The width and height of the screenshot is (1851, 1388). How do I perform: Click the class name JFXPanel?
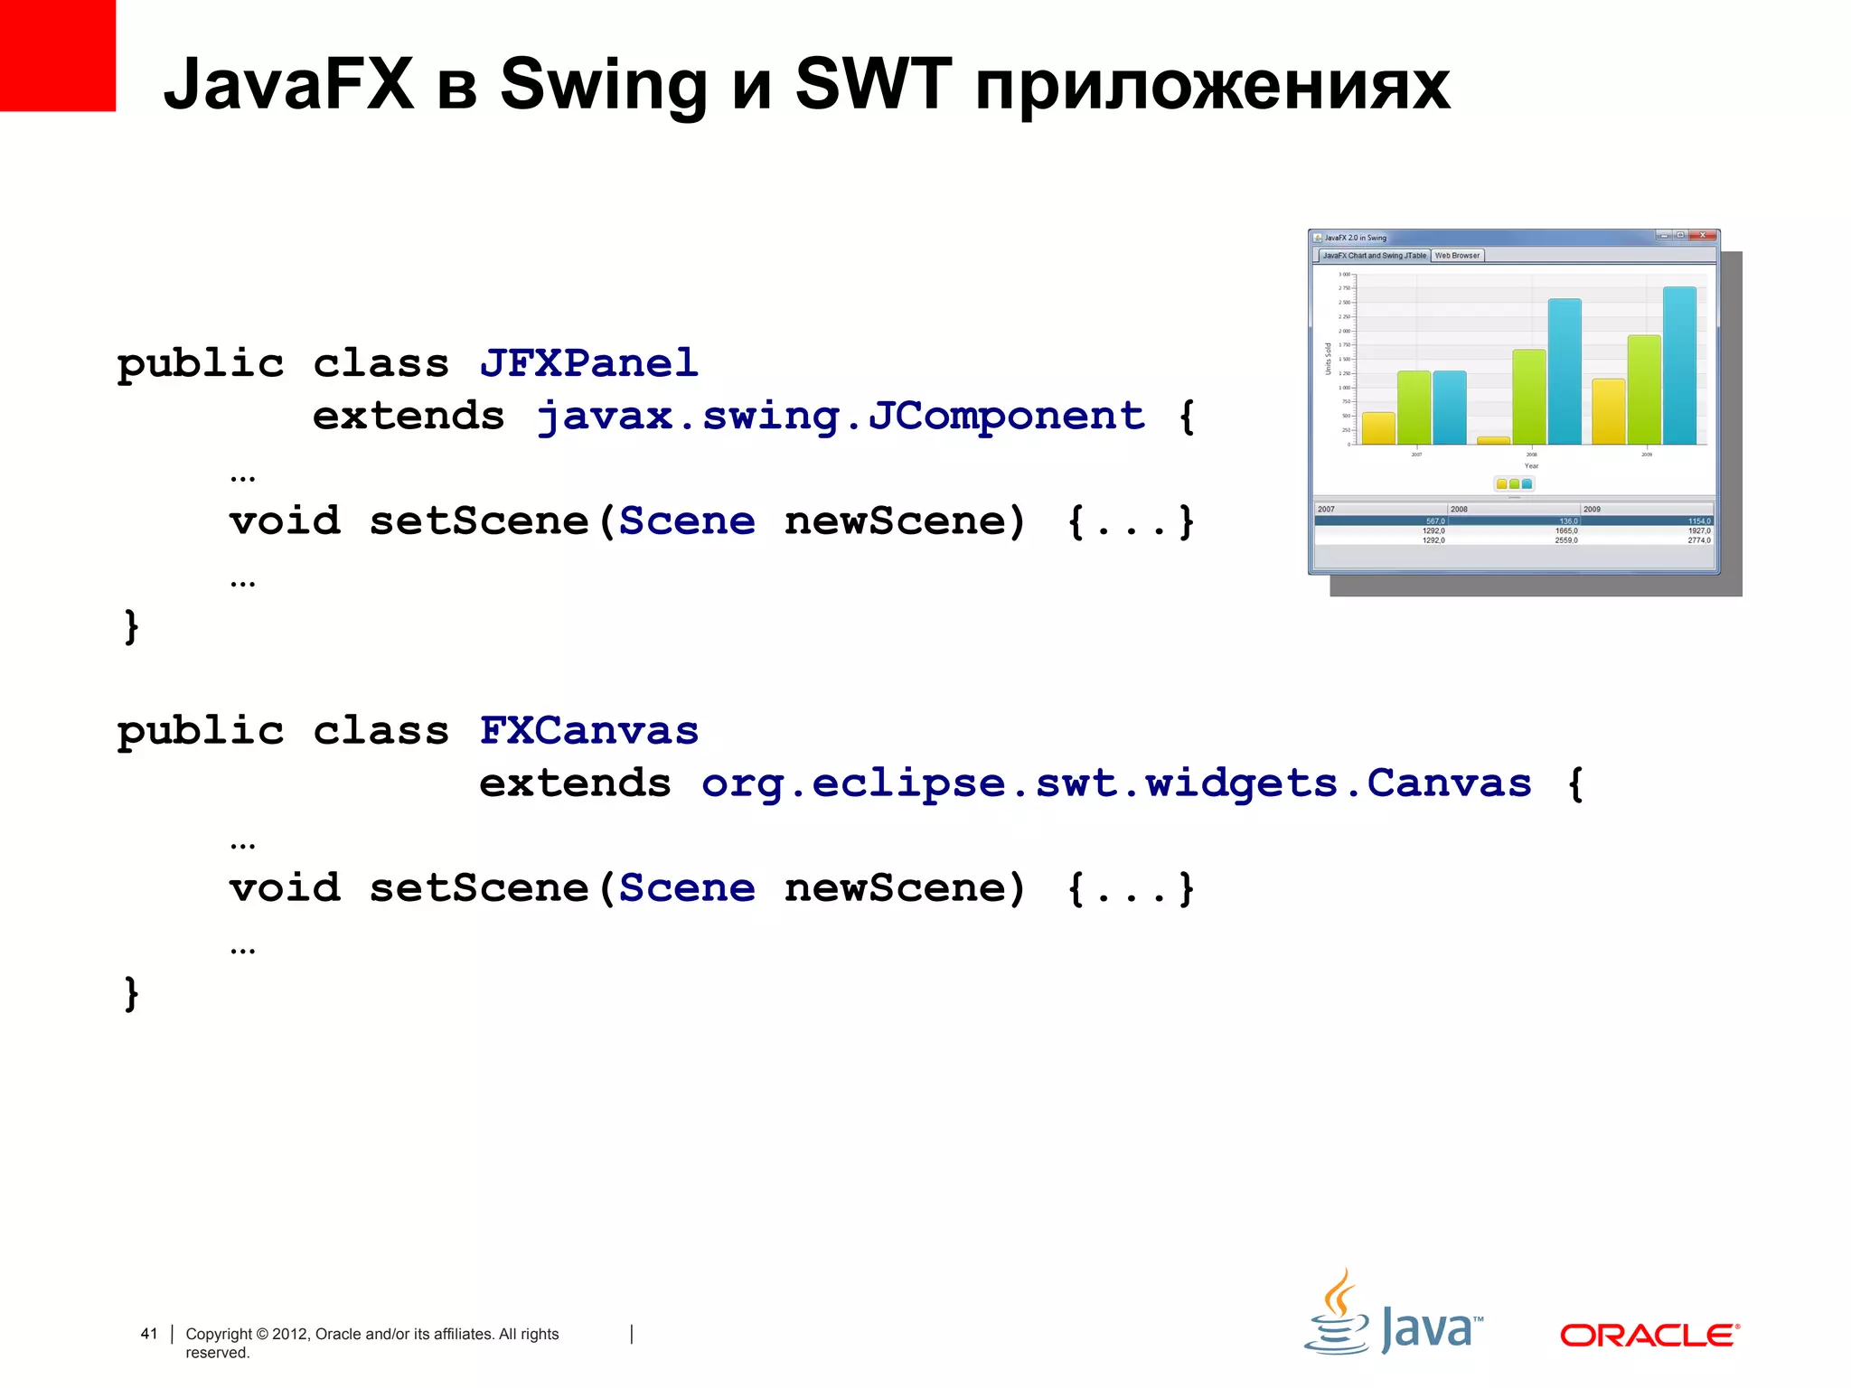pyautogui.click(x=588, y=363)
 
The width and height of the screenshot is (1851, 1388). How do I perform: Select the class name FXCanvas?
pyautogui.click(x=588, y=730)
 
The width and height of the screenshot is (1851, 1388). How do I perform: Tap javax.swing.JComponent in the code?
pyautogui.click(x=841, y=417)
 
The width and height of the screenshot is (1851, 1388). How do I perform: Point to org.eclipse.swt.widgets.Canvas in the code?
pyautogui.click(x=1116, y=783)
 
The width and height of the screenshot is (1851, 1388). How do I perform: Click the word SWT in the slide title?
pyautogui.click(x=873, y=84)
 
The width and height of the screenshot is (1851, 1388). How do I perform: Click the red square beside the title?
pyautogui.click(x=57, y=55)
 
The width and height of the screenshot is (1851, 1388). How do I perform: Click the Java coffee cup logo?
pyautogui.click(x=1338, y=1315)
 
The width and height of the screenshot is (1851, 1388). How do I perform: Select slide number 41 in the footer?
pyautogui.click(x=149, y=1334)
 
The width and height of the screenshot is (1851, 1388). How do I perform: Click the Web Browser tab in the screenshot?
pyautogui.click(x=1457, y=256)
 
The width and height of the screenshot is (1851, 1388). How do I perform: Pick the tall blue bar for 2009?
pyautogui.click(x=1679, y=365)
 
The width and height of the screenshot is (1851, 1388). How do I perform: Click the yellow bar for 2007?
pyautogui.click(x=1378, y=427)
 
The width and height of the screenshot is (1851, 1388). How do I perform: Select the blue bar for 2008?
pyautogui.click(x=1564, y=371)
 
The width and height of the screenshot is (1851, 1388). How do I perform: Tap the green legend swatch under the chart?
pyautogui.click(x=1514, y=484)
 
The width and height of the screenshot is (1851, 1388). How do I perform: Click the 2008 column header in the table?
pyautogui.click(x=1460, y=510)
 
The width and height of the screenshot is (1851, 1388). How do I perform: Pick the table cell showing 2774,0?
pyautogui.click(x=1698, y=540)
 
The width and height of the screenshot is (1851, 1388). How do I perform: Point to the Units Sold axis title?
pyautogui.click(x=1328, y=359)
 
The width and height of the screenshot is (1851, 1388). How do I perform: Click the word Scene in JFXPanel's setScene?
pyautogui.click(x=687, y=521)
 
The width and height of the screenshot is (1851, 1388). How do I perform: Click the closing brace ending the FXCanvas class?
pyautogui.click(x=132, y=993)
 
